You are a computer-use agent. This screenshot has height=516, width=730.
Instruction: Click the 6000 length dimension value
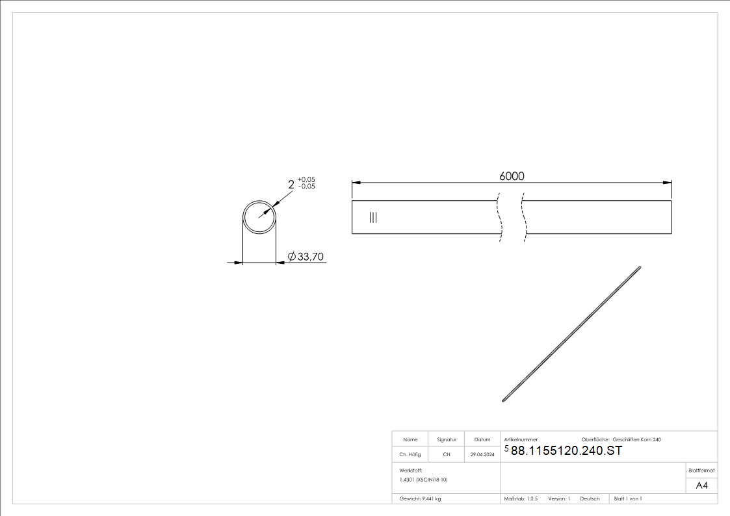(512, 176)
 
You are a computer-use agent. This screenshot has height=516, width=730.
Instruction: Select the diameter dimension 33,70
(306, 257)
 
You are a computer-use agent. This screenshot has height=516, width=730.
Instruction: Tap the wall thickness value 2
(291, 185)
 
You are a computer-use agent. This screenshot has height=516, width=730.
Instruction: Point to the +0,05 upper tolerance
(306, 179)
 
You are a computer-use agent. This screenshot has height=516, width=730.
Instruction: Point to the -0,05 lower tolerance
(306, 187)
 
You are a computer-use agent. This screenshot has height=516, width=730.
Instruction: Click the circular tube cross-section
(260, 216)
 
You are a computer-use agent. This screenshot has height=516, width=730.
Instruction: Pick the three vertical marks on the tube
(372, 217)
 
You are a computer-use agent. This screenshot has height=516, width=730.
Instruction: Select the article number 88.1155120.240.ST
(566, 451)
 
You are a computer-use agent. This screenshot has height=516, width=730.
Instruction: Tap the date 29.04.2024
(482, 455)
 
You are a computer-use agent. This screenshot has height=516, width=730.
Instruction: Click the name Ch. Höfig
(410, 455)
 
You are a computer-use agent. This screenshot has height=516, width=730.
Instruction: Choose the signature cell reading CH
(447, 455)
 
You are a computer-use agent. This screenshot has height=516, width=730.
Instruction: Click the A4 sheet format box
(701, 485)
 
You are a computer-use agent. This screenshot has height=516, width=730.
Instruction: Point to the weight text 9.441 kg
(421, 498)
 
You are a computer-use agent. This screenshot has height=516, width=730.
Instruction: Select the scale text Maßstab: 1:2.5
(521, 498)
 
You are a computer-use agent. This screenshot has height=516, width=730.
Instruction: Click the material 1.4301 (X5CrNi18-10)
(424, 479)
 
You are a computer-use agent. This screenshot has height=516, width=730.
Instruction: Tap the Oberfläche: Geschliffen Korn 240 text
(621, 440)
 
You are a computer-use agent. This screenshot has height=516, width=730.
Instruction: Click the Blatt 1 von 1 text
(628, 498)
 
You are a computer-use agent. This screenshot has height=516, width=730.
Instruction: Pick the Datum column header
(482, 440)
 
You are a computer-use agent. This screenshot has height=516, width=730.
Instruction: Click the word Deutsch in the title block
(590, 498)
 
